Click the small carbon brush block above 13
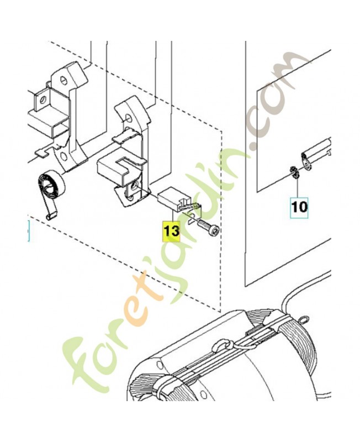pyautogui.click(x=168, y=199)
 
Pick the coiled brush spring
pyautogui.click(x=51, y=186)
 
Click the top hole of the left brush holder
pyautogui.click(x=64, y=81)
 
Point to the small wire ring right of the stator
pyautogui.click(x=304, y=319)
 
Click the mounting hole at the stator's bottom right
pyautogui.click(x=202, y=394)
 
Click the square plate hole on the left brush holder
pyautogui.click(x=43, y=99)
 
